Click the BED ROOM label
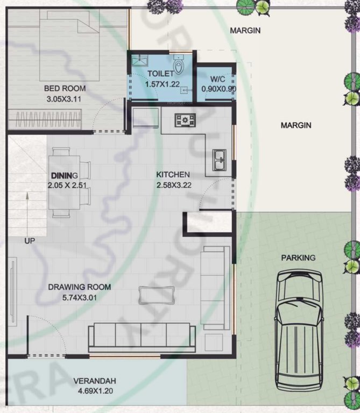[65, 89]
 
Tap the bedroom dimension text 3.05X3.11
[65, 99]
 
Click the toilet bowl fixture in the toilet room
[179, 63]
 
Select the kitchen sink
[221, 158]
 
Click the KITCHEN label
[173, 175]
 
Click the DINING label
[65, 176]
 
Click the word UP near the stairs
[30, 241]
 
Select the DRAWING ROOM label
[80, 287]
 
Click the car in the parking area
[299, 334]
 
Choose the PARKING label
[298, 258]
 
